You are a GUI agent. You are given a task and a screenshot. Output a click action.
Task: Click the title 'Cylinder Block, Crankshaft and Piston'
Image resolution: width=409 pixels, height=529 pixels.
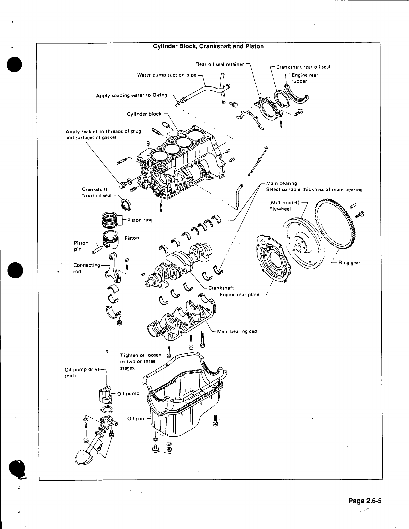coord(208,47)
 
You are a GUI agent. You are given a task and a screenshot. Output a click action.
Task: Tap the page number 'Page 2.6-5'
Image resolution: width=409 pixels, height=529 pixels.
coord(365,501)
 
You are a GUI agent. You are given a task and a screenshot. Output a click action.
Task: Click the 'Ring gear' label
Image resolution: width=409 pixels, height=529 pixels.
coord(349,263)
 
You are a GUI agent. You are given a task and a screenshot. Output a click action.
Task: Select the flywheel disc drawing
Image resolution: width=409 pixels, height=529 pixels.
coord(304,243)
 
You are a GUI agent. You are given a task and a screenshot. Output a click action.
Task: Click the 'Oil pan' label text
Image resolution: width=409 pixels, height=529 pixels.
coord(136,418)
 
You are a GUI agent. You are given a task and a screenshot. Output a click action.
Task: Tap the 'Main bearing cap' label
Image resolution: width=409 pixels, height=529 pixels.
coord(237,331)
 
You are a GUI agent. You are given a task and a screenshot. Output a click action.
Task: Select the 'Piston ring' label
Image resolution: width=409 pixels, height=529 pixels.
coord(140,220)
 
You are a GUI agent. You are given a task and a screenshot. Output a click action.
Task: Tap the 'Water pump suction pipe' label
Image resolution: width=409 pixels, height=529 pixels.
coord(167,75)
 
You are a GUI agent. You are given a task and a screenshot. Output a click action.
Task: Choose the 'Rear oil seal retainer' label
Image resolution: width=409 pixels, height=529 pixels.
coord(220,64)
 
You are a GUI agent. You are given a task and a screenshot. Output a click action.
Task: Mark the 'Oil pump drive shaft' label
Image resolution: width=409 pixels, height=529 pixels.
coord(82,372)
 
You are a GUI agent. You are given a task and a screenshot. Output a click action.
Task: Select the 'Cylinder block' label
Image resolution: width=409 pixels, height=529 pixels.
coord(144,114)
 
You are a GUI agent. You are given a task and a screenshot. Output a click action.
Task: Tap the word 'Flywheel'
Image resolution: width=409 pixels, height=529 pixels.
coord(280,209)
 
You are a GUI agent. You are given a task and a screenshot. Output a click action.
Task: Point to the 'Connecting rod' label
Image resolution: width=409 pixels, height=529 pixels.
coord(86,268)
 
